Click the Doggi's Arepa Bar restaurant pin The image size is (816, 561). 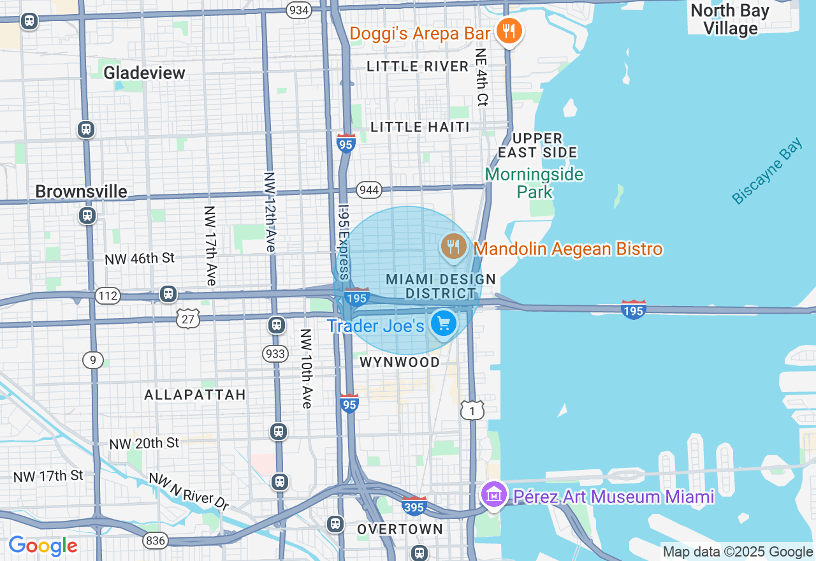tap(509, 31)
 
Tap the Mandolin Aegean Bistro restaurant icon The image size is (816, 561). tap(453, 247)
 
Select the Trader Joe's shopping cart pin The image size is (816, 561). tap(443, 324)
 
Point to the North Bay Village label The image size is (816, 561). tap(730, 20)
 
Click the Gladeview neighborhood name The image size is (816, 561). tap(144, 73)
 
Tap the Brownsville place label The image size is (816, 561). tap(81, 191)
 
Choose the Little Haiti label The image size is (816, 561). tap(419, 127)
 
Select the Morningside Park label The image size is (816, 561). tap(534, 183)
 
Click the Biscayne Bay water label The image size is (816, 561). tap(767, 173)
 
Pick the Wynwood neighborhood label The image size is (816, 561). tap(400, 362)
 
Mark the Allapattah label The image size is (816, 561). tap(195, 395)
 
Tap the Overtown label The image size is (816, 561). tap(400, 529)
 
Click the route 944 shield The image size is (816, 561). tap(369, 190)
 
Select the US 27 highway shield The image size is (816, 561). tap(189, 318)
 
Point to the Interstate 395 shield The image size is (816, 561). tap(414, 506)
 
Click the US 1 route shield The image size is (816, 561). tap(472, 411)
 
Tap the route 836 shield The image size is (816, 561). tap(155, 541)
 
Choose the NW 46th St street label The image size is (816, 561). tap(140, 258)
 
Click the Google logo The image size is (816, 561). tap(43, 546)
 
